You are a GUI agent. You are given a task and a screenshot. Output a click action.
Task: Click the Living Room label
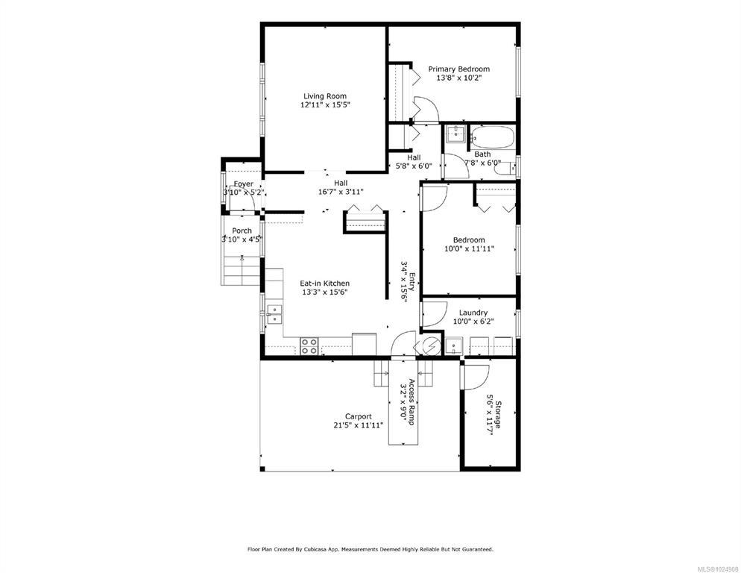pyautogui.click(x=325, y=96)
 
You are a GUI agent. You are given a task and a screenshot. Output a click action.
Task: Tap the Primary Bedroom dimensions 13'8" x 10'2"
pyautogui.click(x=459, y=78)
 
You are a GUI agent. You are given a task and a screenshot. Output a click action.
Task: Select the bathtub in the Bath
pyautogui.click(x=492, y=137)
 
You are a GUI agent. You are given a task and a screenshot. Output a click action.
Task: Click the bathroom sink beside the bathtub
pyautogui.click(x=455, y=134)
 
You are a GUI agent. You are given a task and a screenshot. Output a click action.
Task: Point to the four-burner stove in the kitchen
pyautogui.click(x=309, y=346)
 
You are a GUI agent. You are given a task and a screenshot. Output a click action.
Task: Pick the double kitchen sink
pyautogui.click(x=274, y=315)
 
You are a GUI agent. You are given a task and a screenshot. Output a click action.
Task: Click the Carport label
pyautogui.click(x=359, y=416)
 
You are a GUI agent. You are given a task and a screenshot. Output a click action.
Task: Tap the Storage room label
pyautogui.click(x=498, y=415)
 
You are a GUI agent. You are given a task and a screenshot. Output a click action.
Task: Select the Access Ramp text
pyautogui.click(x=412, y=401)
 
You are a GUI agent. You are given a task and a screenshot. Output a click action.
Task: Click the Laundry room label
pyautogui.click(x=473, y=313)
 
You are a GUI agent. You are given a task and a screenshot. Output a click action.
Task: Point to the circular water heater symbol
pyautogui.click(x=431, y=346)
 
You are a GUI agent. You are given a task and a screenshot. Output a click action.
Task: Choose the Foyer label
pyautogui.click(x=243, y=184)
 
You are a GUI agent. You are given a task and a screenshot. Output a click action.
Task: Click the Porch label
pyautogui.click(x=242, y=231)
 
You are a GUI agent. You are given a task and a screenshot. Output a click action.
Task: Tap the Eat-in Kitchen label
pyautogui.click(x=325, y=284)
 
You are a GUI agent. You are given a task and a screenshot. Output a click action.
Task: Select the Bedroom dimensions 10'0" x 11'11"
pyautogui.click(x=469, y=248)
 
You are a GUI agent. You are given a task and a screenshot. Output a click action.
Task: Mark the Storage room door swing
pyautogui.click(x=476, y=378)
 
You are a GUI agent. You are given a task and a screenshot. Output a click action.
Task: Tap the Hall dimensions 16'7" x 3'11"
pyautogui.click(x=341, y=192)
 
